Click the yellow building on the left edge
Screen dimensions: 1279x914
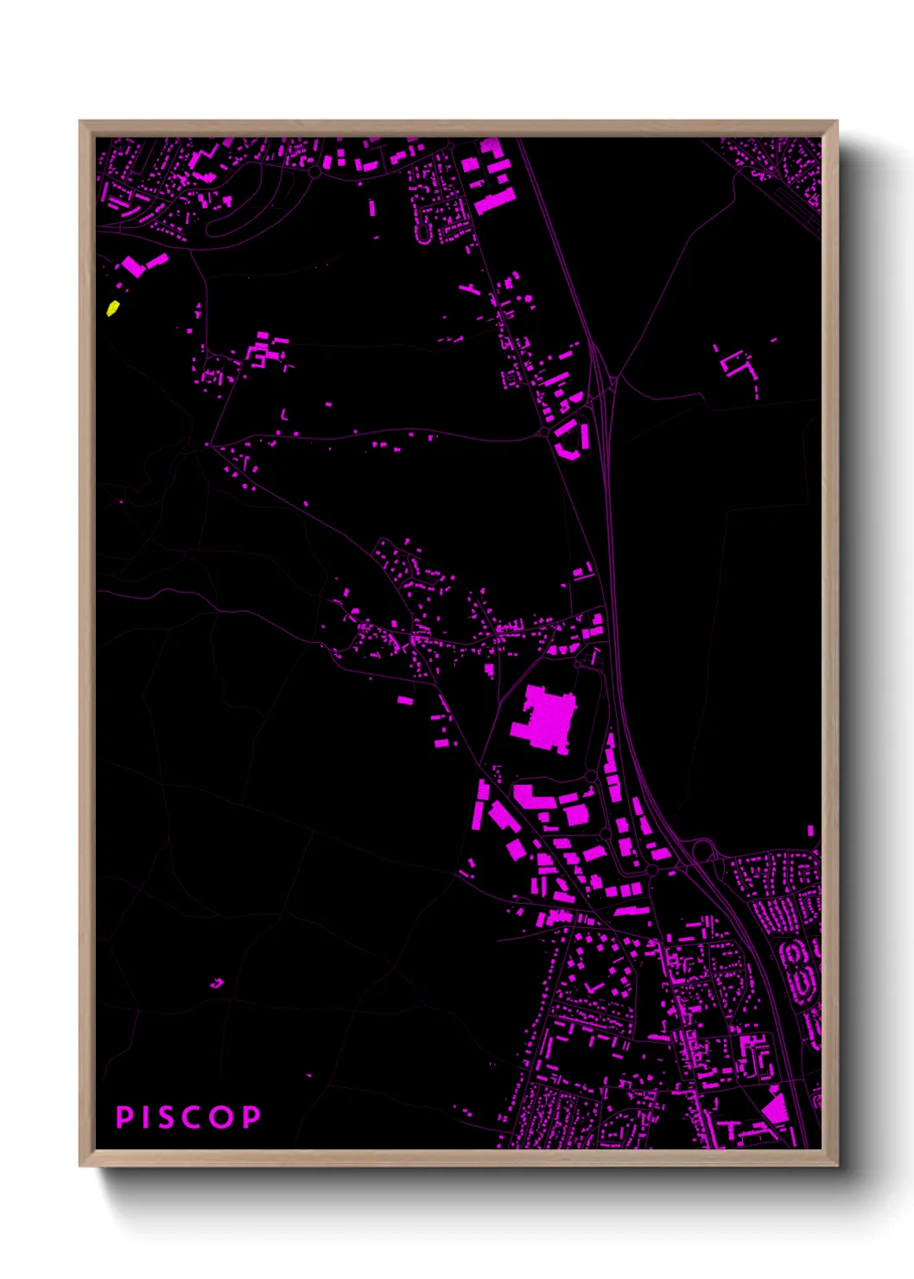point(112,308)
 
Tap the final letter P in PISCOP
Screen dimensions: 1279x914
point(251,1117)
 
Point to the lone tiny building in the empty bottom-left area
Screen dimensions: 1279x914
point(216,983)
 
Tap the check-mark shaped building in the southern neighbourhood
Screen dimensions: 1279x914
point(593,987)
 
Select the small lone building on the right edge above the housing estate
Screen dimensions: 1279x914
point(810,830)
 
